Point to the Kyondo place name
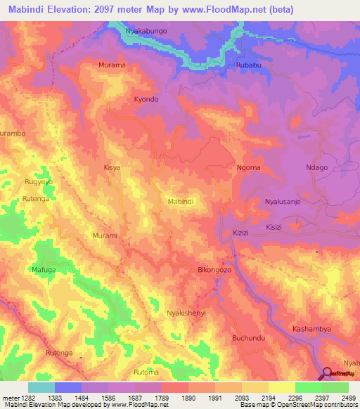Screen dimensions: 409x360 click(146, 99)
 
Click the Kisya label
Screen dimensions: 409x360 click(112, 168)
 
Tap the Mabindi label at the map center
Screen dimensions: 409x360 click(181, 202)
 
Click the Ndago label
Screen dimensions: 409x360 click(317, 167)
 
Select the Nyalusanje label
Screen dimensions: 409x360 click(283, 202)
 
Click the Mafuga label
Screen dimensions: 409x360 click(43, 268)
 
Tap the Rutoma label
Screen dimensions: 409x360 click(146, 371)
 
